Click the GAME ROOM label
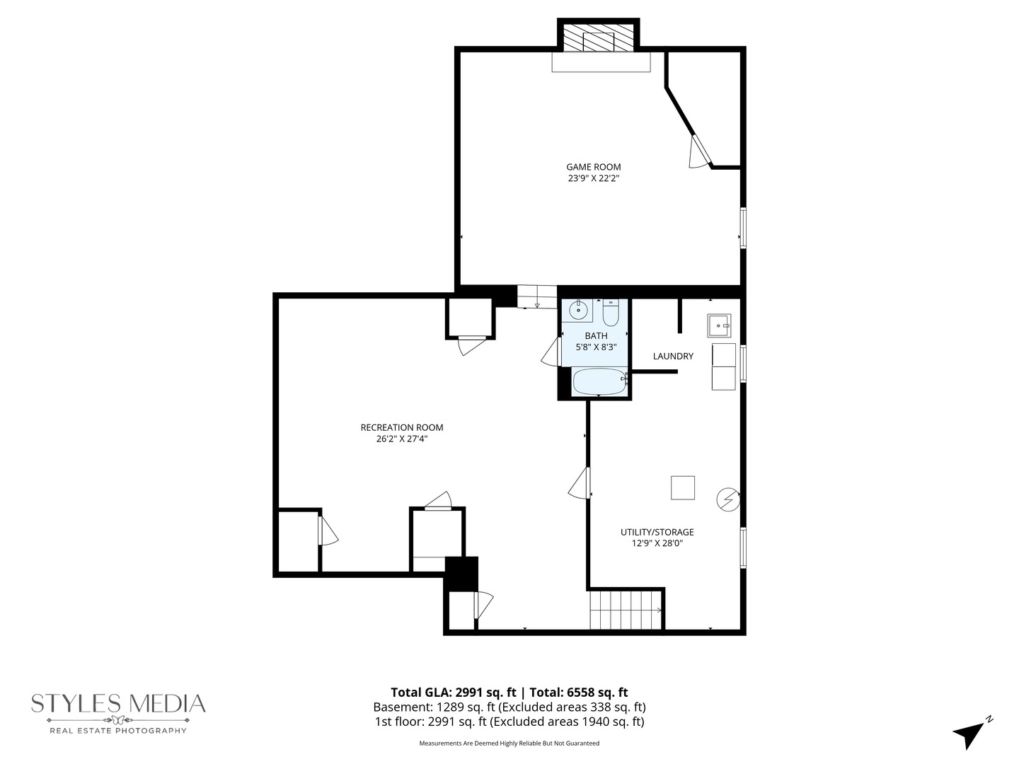(593, 167)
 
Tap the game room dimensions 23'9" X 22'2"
(593, 179)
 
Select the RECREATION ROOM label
(401, 427)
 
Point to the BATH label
(596, 336)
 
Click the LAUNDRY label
(673, 357)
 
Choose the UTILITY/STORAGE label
(657, 532)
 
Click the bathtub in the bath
(599, 382)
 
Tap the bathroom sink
(578, 310)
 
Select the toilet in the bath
(611, 311)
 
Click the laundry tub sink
(719, 325)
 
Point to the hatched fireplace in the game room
(599, 40)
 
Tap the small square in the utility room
(682, 487)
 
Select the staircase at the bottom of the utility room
(626, 610)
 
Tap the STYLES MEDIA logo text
(118, 703)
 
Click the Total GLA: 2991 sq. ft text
(453, 693)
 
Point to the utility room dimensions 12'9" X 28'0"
(657, 543)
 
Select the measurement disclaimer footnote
(509, 743)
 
